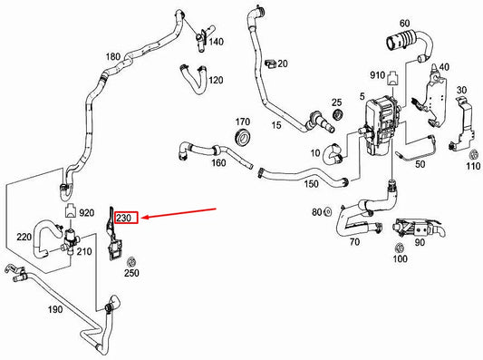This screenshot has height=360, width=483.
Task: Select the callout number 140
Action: click(x=216, y=42)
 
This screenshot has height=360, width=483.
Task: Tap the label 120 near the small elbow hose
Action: click(x=216, y=80)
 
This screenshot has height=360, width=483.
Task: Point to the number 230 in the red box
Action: click(x=126, y=218)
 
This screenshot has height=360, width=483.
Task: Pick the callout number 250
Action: click(x=131, y=273)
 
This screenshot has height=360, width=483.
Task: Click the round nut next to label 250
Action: click(x=130, y=261)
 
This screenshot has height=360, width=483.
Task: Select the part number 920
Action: click(x=86, y=214)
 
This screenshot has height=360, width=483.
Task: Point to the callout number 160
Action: click(x=217, y=163)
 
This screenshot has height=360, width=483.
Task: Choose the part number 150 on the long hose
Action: click(x=311, y=184)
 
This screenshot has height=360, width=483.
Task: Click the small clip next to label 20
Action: click(x=270, y=63)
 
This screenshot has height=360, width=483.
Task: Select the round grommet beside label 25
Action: click(x=337, y=116)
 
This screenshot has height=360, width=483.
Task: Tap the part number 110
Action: click(x=473, y=166)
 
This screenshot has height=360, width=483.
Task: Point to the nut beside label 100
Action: click(x=399, y=248)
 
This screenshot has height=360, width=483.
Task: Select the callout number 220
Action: click(x=24, y=238)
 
